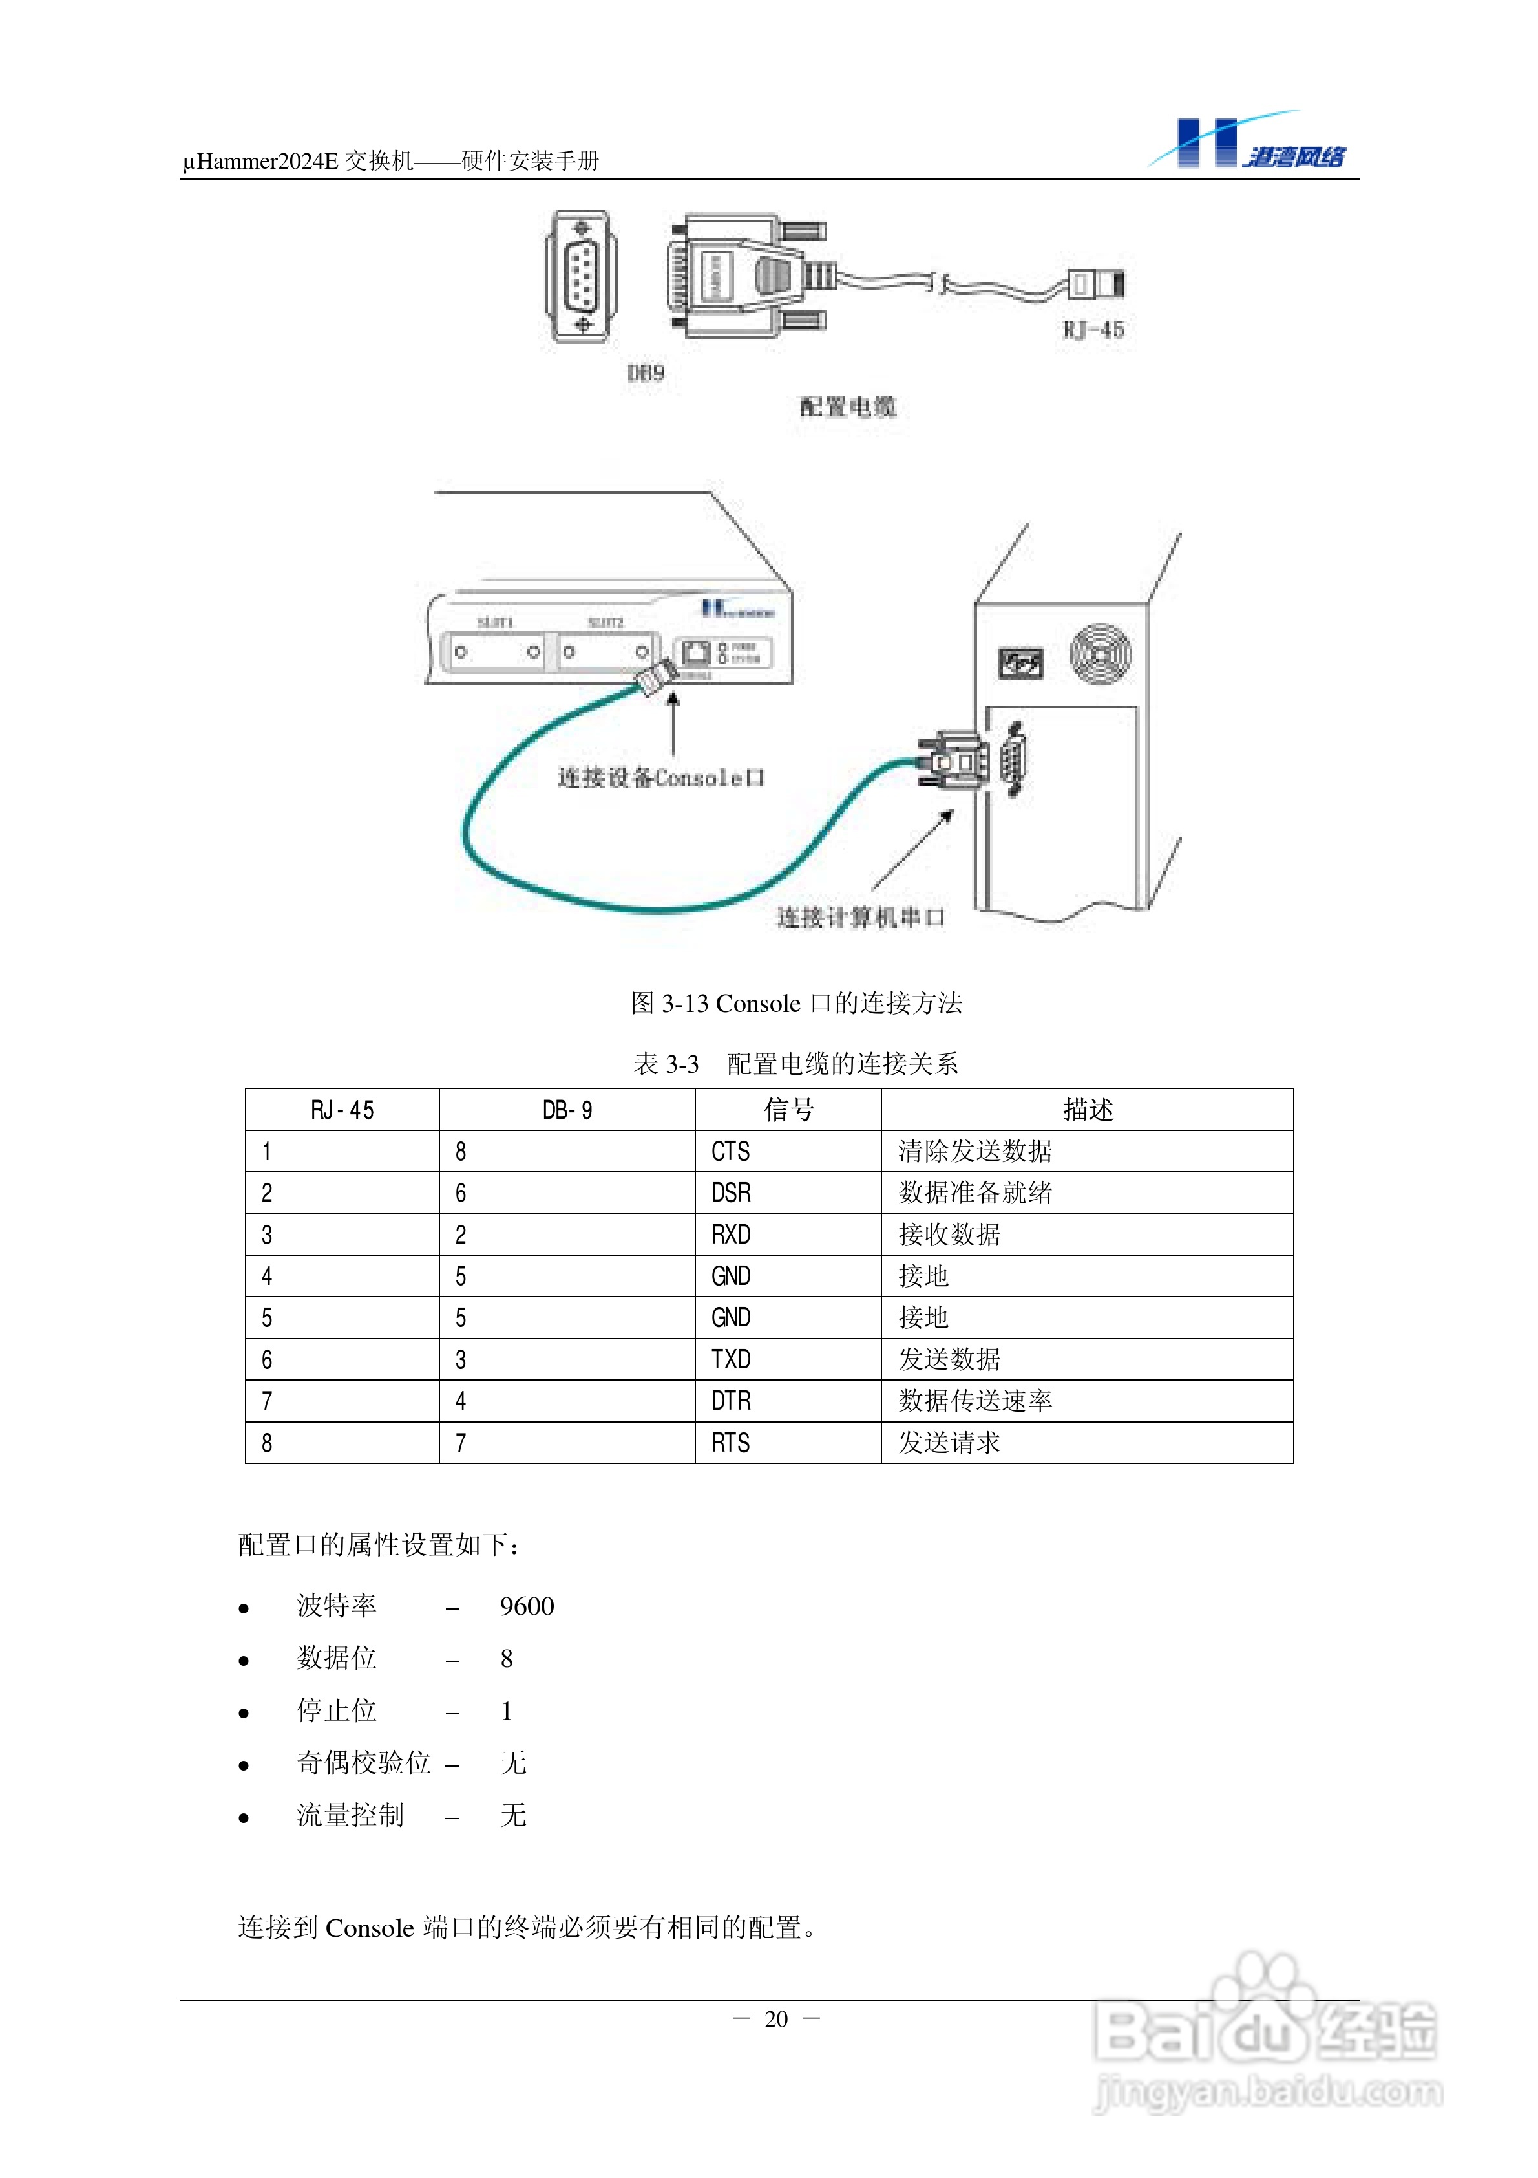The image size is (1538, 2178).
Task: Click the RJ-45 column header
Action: [342, 1110]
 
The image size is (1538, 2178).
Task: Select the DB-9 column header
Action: [567, 1110]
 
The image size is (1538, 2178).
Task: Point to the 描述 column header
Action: [1088, 1110]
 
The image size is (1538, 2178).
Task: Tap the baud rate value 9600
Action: [527, 1606]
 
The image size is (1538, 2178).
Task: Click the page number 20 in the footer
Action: [775, 2019]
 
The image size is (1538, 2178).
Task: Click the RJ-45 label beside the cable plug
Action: [1093, 330]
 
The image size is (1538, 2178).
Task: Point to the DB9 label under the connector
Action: [646, 372]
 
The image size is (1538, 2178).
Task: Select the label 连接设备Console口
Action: [661, 778]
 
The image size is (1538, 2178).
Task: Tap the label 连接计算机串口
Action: [861, 917]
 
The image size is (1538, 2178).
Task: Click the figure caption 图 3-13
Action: [797, 1003]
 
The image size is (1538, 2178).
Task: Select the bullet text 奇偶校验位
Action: [364, 1762]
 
